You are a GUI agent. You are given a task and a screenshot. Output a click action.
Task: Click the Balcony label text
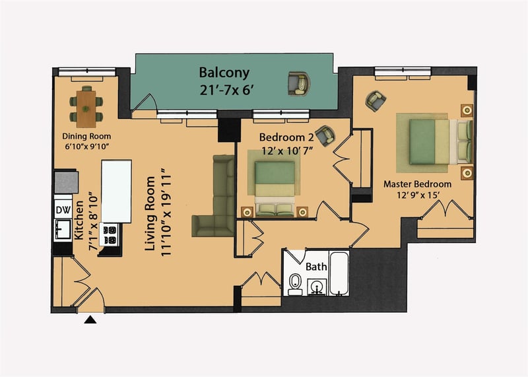(x=224, y=73)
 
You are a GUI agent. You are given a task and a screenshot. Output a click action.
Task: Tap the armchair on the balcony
(x=299, y=84)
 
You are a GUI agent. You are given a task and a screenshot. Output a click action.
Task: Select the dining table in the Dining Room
(x=86, y=109)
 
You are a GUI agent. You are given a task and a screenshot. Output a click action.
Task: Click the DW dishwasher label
(x=63, y=210)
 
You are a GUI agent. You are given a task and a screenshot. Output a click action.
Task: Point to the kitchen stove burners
(x=110, y=235)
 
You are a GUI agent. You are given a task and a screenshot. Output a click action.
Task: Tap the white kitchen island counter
(x=117, y=191)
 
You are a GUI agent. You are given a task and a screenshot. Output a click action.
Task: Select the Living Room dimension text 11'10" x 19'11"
(x=166, y=212)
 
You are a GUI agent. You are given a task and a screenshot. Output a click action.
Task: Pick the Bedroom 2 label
(x=286, y=137)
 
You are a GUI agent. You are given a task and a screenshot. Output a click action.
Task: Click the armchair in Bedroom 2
(x=325, y=135)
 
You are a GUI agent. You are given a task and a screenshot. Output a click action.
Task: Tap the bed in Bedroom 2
(x=275, y=189)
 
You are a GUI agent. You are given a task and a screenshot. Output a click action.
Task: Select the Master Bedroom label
(x=417, y=184)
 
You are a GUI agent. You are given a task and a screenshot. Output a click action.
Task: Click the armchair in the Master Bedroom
(x=376, y=101)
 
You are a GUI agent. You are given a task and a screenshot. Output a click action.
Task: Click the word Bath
(x=316, y=267)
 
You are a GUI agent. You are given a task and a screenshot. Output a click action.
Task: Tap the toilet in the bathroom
(x=295, y=283)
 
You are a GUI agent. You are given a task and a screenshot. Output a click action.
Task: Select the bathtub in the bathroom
(x=339, y=273)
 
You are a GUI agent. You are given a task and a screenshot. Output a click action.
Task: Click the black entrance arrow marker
(x=90, y=320)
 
